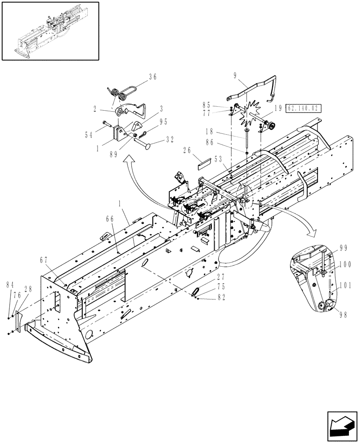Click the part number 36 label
pos(153,77)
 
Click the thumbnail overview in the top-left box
pos(50,31)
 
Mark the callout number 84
pos(10,284)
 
